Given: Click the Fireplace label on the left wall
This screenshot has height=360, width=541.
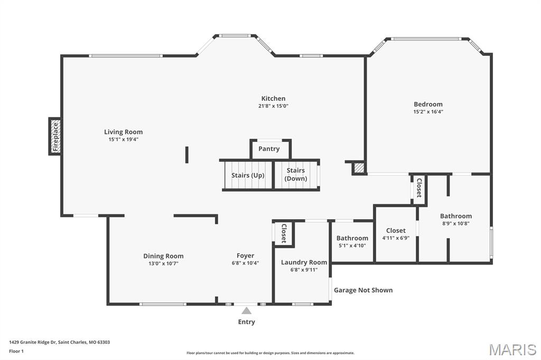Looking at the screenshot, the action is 55,137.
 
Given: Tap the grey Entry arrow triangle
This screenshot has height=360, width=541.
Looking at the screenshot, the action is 246,311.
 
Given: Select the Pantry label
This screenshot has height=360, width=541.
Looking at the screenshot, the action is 269,149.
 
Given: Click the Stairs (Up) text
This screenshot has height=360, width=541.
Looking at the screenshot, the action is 248,175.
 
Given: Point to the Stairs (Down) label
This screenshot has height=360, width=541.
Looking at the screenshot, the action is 296,174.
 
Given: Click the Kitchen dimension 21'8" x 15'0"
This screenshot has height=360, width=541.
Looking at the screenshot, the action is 273,106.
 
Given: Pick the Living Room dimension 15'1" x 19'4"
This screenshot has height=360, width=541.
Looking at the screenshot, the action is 124,139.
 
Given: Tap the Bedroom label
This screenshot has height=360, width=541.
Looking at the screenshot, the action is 428,104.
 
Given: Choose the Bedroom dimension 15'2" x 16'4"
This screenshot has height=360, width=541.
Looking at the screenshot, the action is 428,112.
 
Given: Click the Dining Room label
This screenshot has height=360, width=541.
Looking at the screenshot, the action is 164,256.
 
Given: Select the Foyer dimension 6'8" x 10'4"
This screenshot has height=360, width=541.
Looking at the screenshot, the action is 245,263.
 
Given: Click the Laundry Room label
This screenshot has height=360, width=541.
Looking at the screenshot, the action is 304,262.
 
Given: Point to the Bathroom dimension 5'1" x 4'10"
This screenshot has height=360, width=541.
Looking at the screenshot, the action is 352,245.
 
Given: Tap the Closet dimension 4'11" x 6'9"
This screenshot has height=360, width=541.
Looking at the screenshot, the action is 396,238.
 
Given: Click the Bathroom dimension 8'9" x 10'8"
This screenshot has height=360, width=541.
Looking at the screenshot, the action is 456,223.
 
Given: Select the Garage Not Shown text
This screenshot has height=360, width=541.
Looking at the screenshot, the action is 363,290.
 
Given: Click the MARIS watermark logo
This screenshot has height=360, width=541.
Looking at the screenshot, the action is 512,349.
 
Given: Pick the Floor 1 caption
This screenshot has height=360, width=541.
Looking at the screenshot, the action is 16,352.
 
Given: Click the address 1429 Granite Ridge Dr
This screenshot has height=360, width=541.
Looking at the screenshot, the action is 32,343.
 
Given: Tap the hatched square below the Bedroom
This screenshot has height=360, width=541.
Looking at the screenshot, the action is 359,168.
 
